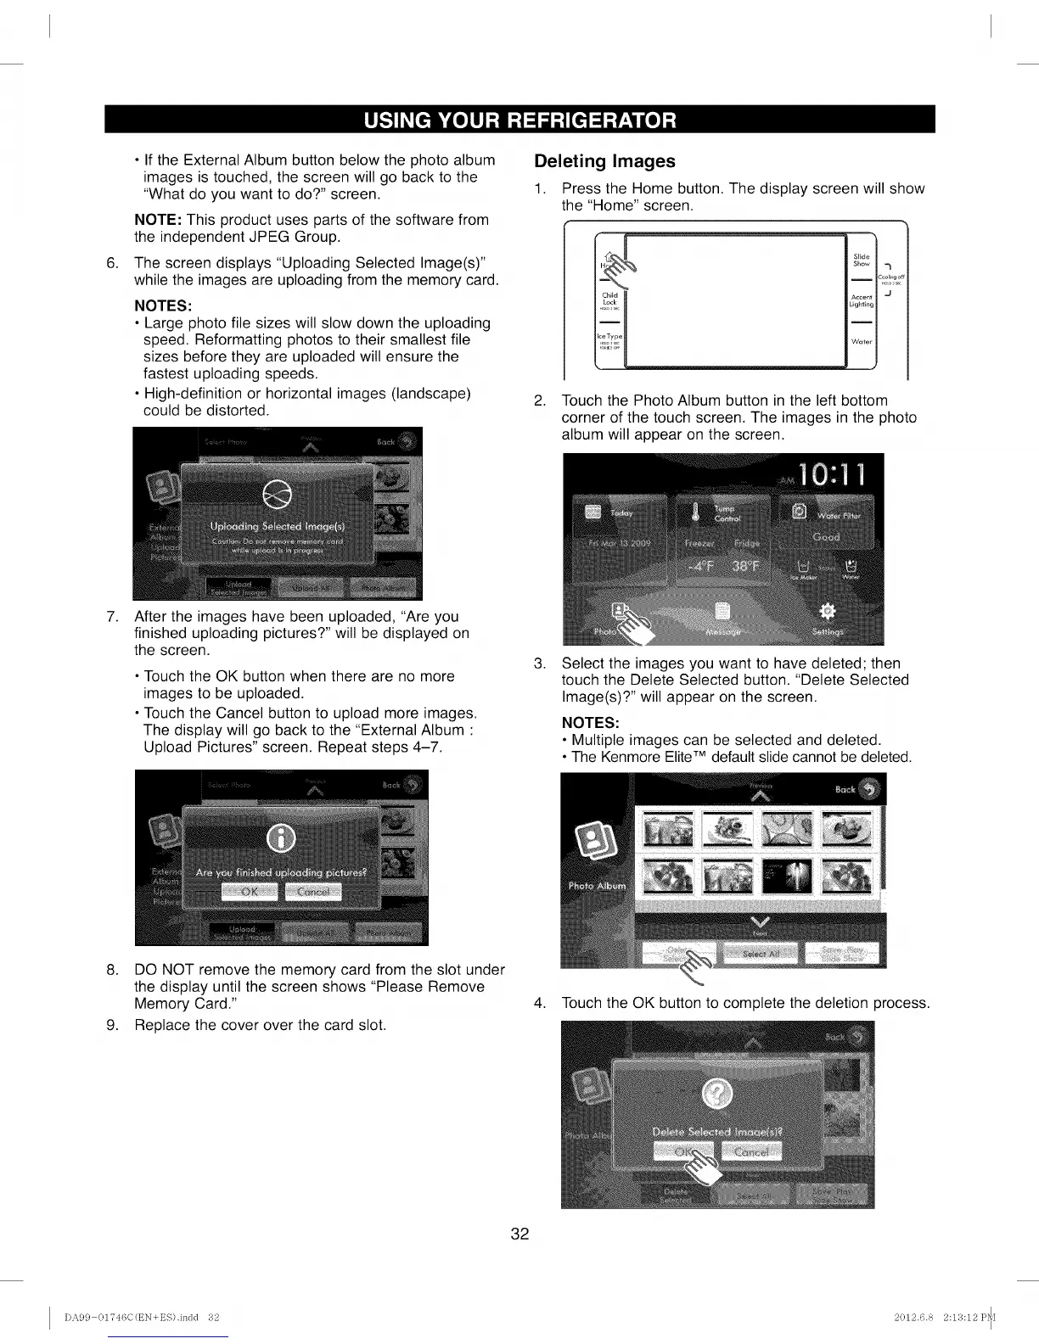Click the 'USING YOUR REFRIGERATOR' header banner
pos(519,120)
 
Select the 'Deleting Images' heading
pos(604,161)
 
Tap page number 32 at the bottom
pos(519,1234)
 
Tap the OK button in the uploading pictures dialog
pos(249,892)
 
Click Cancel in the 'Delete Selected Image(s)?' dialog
pos(751,1151)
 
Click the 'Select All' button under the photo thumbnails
pos(758,954)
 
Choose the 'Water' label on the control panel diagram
pos(861,342)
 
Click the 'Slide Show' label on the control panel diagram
pos(862,260)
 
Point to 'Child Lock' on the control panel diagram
pos(609,299)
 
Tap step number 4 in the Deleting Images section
pos(539,1003)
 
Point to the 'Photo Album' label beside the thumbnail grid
pos(597,886)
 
